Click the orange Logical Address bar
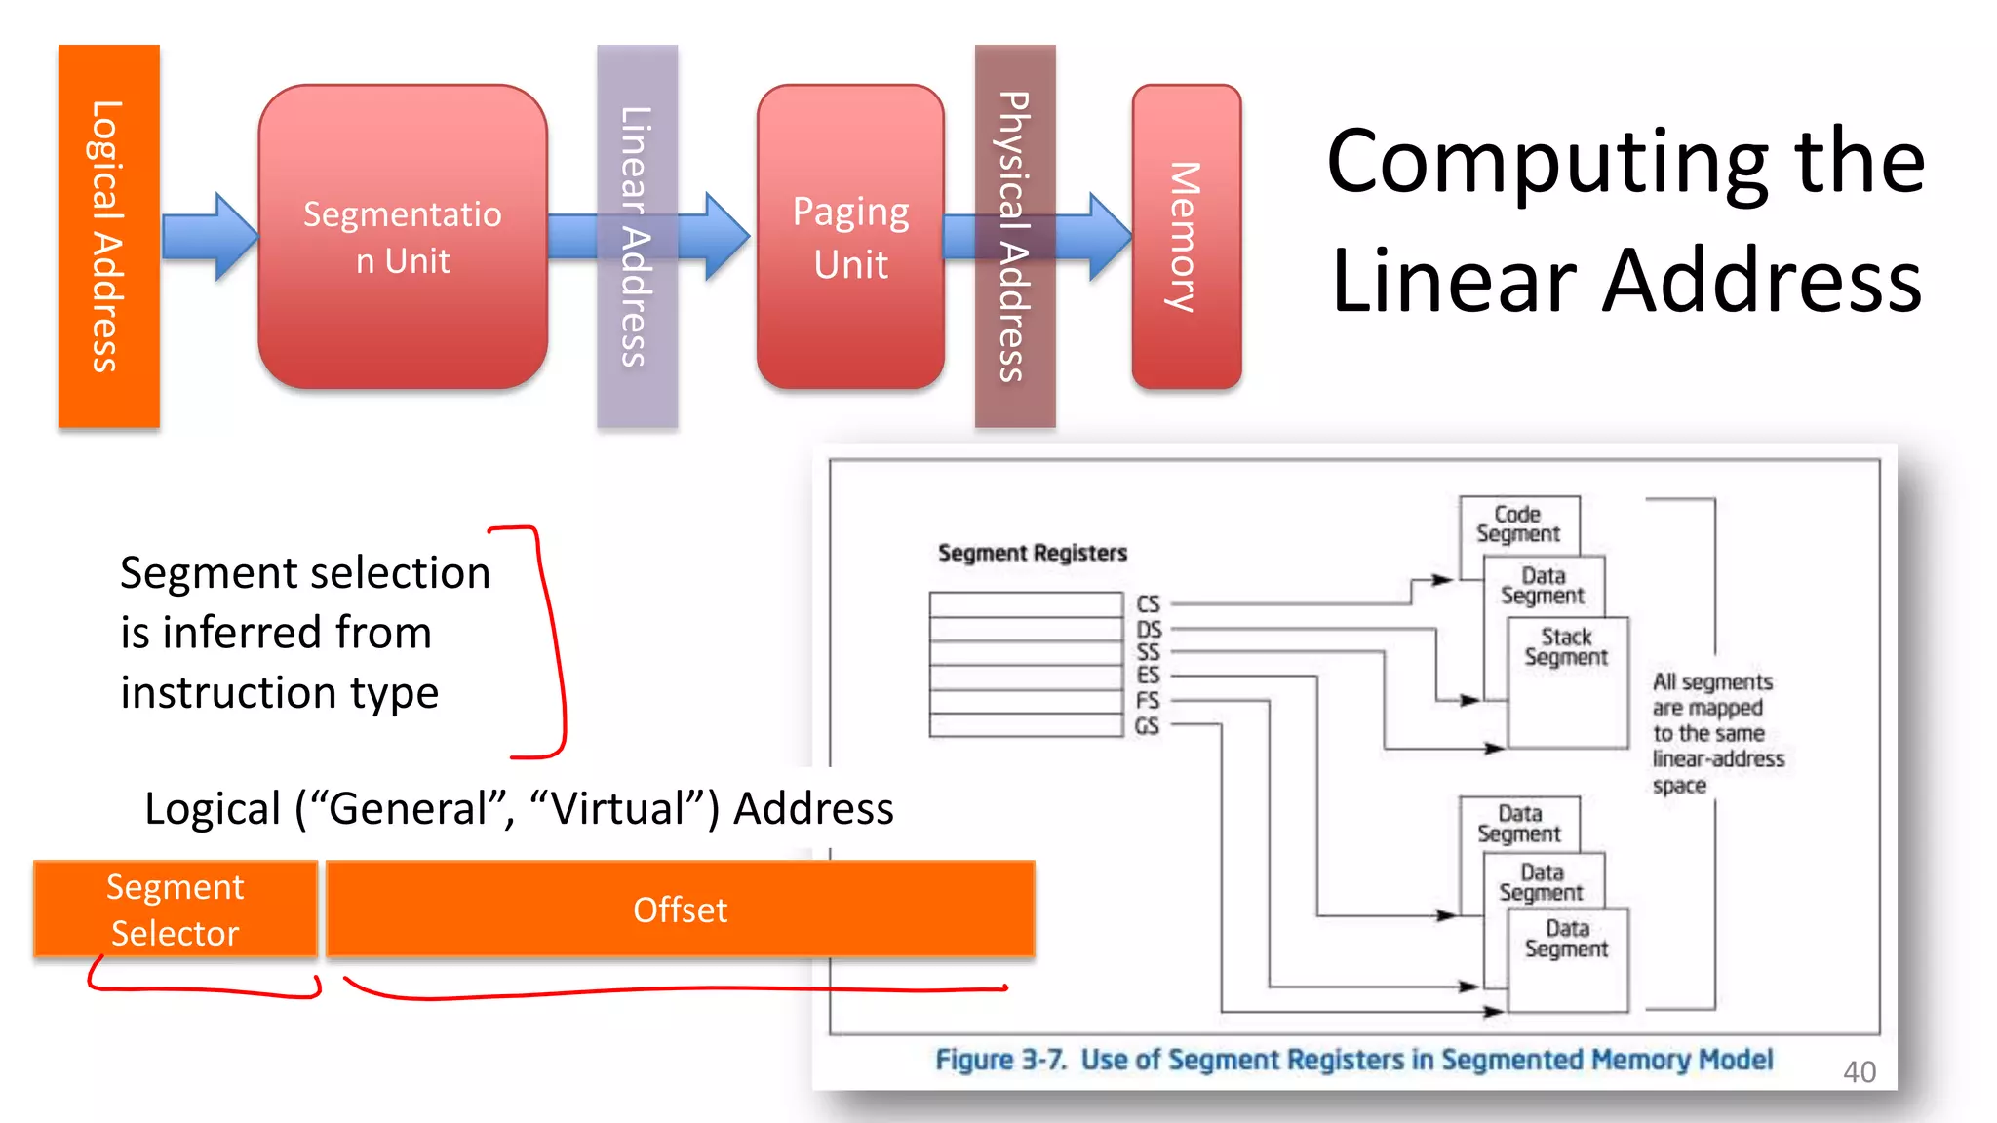[108, 236]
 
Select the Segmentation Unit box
[402, 237]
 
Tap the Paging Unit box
[850, 237]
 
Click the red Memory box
[1186, 237]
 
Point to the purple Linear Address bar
[637, 236]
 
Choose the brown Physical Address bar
[1014, 236]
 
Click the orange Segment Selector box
[176, 910]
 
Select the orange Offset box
[680, 910]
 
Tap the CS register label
[1148, 604]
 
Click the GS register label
[1147, 726]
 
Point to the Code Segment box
[1517, 523]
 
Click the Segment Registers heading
[1032, 553]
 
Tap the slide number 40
[1859, 1072]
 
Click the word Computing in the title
[1547, 162]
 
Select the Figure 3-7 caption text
[1353, 1060]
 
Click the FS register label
[1148, 701]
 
